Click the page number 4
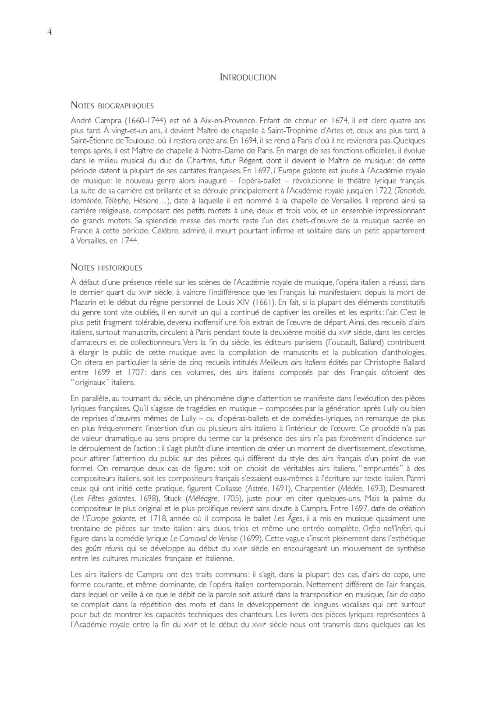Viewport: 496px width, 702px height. click(x=50, y=32)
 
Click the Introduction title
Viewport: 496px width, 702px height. click(x=248, y=78)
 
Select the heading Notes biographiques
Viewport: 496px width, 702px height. click(x=112, y=105)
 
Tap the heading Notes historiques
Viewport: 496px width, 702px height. click(x=106, y=268)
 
